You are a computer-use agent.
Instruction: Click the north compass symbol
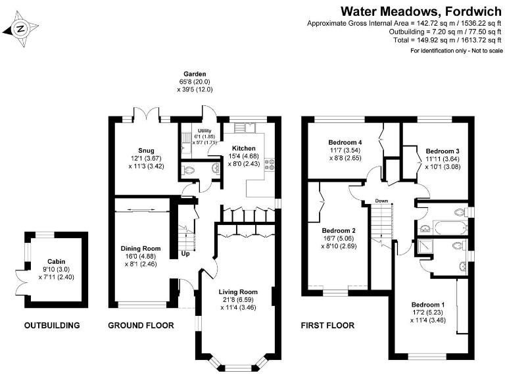click(20, 28)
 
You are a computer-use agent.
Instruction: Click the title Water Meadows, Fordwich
click(421, 11)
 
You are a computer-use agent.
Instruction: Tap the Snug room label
click(137, 151)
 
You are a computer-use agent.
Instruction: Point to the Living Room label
click(238, 291)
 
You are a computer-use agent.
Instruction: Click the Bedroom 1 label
click(428, 305)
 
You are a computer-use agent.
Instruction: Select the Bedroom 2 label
click(339, 230)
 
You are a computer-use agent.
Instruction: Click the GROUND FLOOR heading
click(141, 325)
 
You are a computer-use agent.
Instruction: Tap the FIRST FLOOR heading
click(327, 325)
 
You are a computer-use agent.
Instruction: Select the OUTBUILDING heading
click(52, 325)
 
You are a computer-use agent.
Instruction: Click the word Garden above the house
click(195, 74)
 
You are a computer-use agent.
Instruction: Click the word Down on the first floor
click(382, 200)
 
